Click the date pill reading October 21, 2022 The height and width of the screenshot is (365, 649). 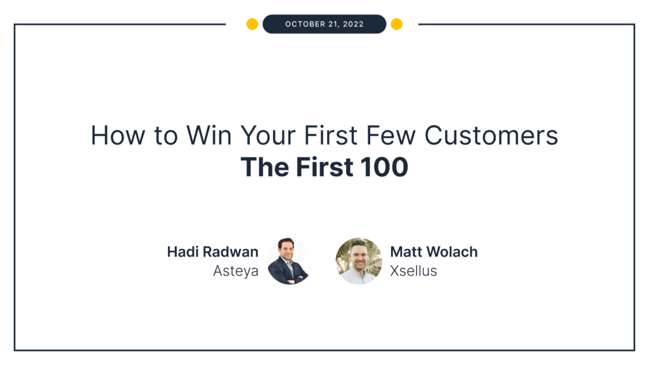(324, 24)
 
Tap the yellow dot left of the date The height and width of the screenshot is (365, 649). (252, 24)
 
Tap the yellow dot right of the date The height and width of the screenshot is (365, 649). (397, 24)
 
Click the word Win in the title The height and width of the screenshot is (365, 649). (207, 136)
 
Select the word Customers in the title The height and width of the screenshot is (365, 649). (491, 136)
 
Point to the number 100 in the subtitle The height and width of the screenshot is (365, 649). (386, 167)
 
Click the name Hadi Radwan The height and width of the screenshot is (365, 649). (213, 252)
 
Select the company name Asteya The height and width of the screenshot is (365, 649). (236, 271)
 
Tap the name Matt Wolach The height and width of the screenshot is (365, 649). (434, 252)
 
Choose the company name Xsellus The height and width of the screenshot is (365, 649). (414, 271)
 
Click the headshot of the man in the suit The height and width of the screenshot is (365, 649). (288, 262)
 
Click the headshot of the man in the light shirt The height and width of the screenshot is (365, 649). (359, 261)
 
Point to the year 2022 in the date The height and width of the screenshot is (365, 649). (352, 24)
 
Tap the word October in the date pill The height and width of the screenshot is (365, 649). (306, 24)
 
